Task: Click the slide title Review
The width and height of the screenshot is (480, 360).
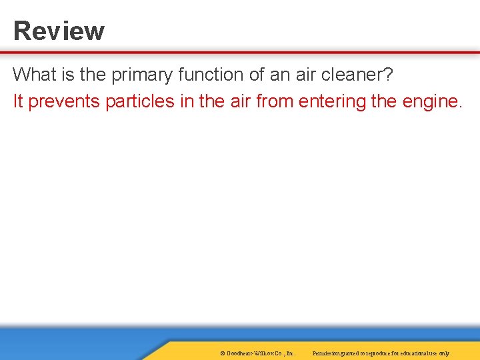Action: (x=59, y=31)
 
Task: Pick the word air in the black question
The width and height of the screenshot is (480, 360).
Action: (x=305, y=74)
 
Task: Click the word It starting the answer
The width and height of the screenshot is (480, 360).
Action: (x=18, y=101)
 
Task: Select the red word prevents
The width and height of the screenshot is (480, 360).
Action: (x=64, y=102)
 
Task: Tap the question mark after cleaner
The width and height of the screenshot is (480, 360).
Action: (x=389, y=74)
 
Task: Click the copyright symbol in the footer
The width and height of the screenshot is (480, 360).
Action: (x=221, y=353)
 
